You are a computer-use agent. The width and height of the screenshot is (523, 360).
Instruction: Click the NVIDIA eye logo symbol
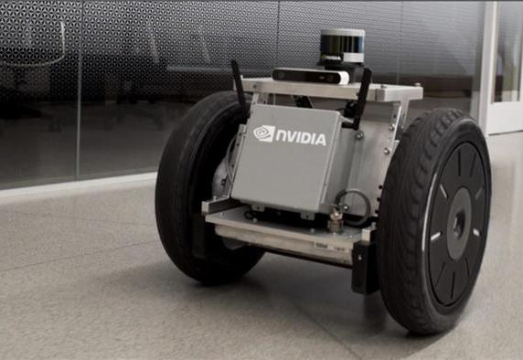[264, 133]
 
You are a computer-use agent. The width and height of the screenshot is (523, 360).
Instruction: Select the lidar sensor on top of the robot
[342, 47]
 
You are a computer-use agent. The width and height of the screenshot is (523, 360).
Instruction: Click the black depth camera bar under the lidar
[311, 75]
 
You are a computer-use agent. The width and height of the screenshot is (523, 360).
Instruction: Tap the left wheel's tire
[187, 186]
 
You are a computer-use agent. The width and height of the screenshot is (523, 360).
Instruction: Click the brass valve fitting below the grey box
[335, 219]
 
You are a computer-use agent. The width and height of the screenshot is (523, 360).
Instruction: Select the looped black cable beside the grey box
[354, 206]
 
